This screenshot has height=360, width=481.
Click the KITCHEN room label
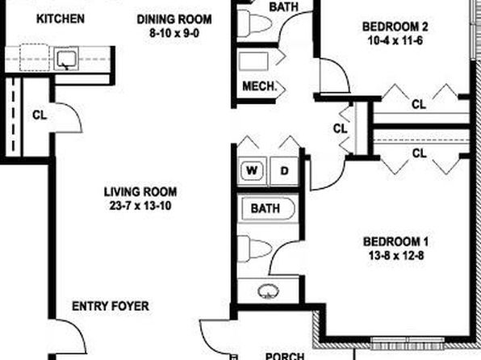point(61,19)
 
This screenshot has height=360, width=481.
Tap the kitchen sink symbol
point(66,59)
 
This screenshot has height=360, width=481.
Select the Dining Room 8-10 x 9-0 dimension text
point(174,33)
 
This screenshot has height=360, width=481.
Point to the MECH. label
point(259,86)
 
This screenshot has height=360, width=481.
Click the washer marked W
point(252,170)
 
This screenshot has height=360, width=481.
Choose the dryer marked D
point(284,170)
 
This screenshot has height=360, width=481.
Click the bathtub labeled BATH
point(268,209)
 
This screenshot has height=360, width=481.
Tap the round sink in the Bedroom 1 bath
point(269,291)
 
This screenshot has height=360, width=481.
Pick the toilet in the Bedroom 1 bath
point(254,249)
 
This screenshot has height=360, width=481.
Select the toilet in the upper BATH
point(254,23)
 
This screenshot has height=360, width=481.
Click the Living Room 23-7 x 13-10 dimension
point(140,205)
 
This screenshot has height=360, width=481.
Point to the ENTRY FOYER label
point(111,306)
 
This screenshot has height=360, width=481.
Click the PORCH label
point(285,356)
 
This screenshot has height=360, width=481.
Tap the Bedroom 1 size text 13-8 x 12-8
point(396,255)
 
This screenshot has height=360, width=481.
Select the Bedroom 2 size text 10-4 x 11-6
point(395,40)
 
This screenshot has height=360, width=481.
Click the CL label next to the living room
point(40,115)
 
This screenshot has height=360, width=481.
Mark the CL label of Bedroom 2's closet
point(419,104)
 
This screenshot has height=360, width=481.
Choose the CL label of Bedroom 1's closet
point(419,153)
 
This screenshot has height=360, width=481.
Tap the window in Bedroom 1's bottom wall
point(408,343)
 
